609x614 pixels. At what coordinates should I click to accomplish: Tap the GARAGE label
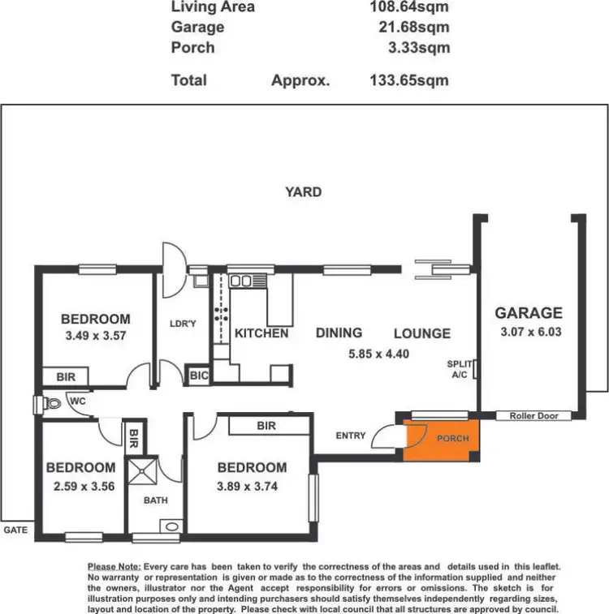pyautogui.click(x=529, y=313)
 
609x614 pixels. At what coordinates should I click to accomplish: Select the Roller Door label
pyautogui.click(x=533, y=416)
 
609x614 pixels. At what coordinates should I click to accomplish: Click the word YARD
pyautogui.click(x=303, y=192)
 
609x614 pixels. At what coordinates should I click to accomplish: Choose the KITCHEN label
pyautogui.click(x=261, y=333)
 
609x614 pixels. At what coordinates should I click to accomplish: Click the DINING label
pyautogui.click(x=339, y=333)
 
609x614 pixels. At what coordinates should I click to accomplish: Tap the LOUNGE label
pyautogui.click(x=422, y=333)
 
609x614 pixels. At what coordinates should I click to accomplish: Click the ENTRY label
pyautogui.click(x=350, y=436)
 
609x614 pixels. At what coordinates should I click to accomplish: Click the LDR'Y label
pyautogui.click(x=184, y=324)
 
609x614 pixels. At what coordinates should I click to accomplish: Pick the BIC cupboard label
pyautogui.click(x=199, y=376)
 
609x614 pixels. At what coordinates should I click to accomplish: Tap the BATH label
pyautogui.click(x=156, y=500)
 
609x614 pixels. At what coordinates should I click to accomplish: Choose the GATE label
pyautogui.click(x=15, y=528)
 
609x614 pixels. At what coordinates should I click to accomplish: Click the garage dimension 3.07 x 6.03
pyautogui.click(x=529, y=331)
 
